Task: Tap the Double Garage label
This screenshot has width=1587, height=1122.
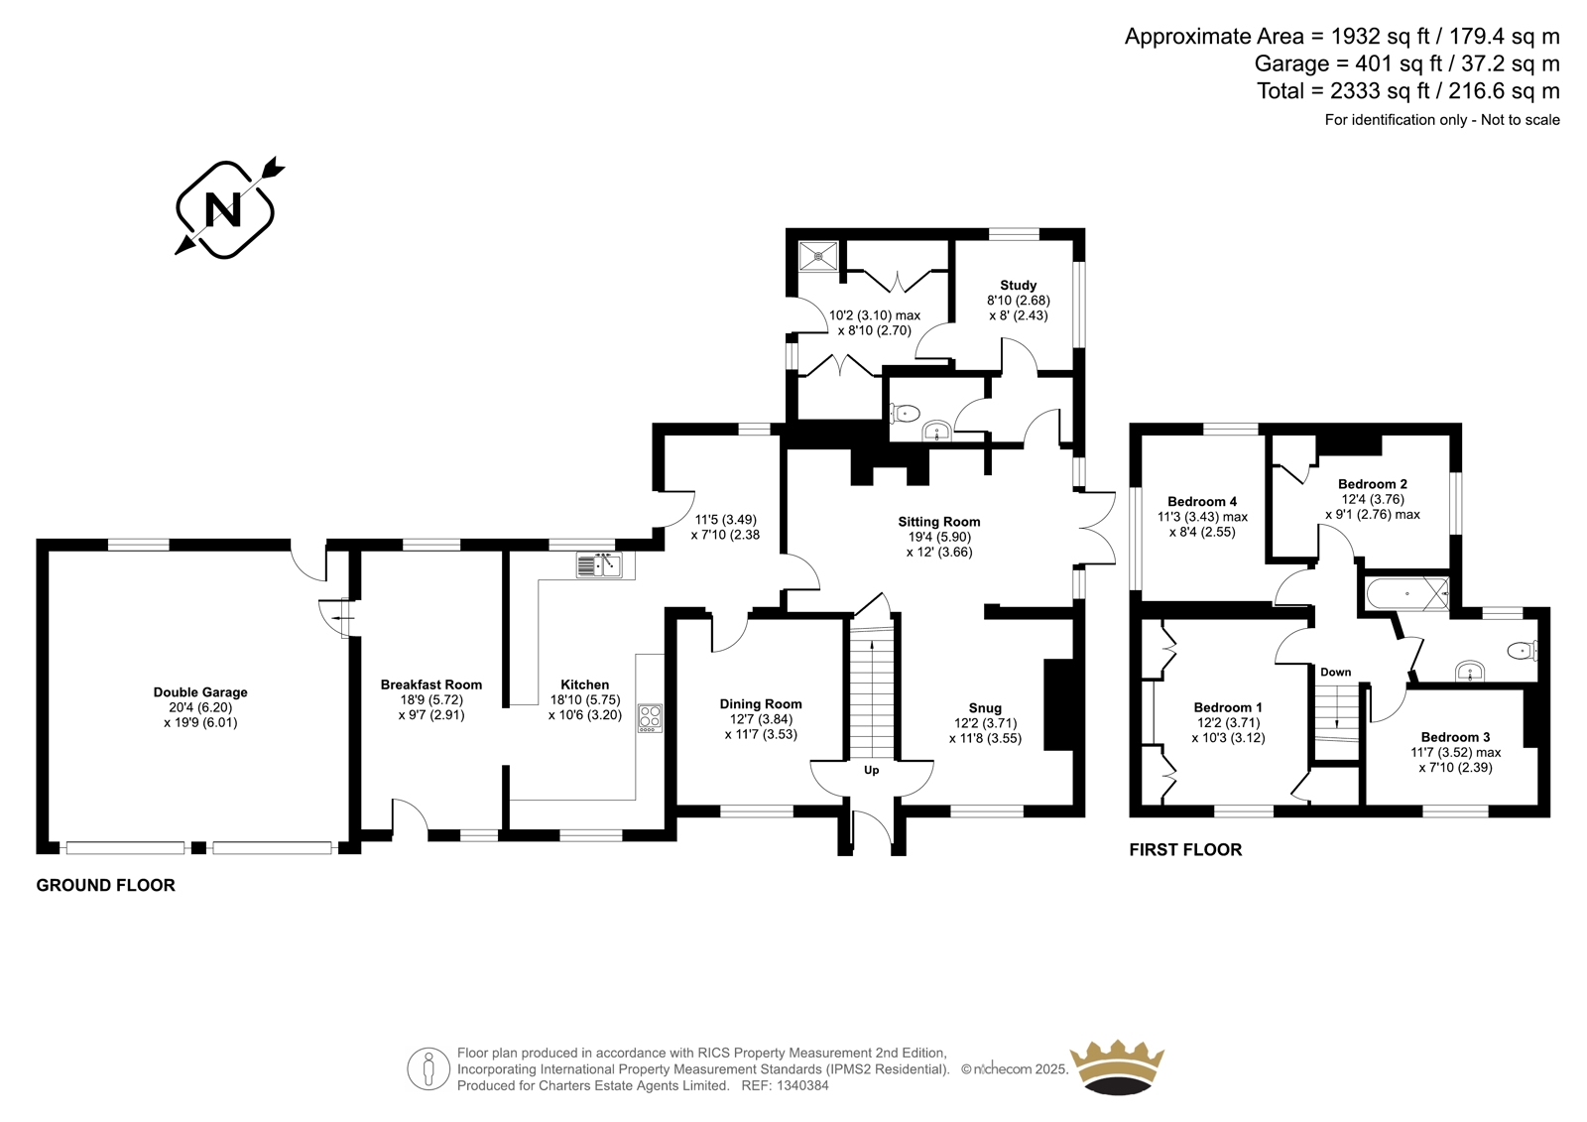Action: pos(200,692)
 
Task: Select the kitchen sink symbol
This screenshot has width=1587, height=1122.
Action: pos(599,564)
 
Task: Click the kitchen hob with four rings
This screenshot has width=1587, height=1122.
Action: pos(650,718)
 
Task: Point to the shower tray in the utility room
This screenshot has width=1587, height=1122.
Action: pos(819,256)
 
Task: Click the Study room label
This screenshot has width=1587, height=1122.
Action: pos(1018,285)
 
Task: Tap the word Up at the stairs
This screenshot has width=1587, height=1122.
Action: pos(872,770)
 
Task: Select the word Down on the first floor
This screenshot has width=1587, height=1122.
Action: pos(1335,672)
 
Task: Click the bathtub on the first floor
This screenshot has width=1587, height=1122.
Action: pos(1407,594)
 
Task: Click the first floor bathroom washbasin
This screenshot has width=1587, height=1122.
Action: pos(1470,672)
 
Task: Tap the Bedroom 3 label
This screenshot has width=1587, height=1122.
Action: pos(1450,737)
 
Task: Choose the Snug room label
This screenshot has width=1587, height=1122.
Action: pos(985,708)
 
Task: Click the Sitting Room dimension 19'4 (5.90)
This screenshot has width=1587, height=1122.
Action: pos(938,538)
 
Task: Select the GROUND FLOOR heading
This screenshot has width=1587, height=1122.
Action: pos(105,885)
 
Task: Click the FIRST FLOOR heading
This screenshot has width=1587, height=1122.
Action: pos(1185,850)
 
